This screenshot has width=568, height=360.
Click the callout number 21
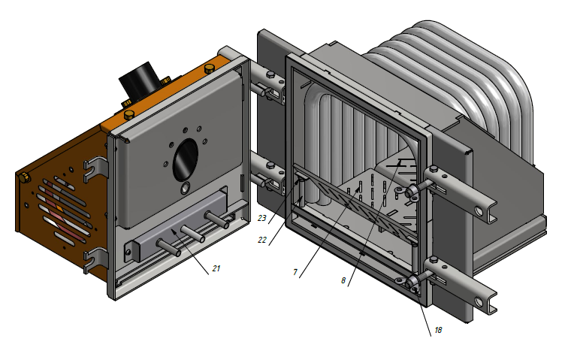pyautogui.click(x=216, y=268)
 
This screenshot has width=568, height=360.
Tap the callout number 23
pyautogui.click(x=262, y=218)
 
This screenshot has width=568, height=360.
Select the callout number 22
pyautogui.click(x=262, y=240)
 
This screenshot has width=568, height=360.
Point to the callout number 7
pyautogui.click(x=295, y=272)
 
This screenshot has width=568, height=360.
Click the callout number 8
pyautogui.click(x=343, y=280)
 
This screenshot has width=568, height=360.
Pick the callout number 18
pyautogui.click(x=438, y=330)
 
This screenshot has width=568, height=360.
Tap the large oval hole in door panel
pyautogui.click(x=186, y=160)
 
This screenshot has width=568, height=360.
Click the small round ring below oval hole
pyautogui.click(x=185, y=188)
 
